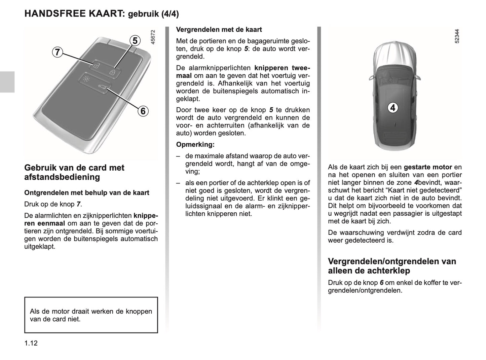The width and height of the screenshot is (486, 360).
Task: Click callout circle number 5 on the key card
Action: point(135,41)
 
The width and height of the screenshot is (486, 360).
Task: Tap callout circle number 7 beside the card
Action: point(58,52)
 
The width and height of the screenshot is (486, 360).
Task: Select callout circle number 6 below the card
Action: point(143,111)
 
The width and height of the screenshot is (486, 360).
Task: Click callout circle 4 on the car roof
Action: point(392,108)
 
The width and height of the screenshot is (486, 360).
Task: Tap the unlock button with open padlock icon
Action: point(96,66)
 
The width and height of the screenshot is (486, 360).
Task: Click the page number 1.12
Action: point(31,343)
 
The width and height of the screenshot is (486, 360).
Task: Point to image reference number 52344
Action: point(457,36)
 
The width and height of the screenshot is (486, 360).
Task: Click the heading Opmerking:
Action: point(195,145)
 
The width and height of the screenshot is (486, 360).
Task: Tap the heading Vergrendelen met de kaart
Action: point(219,30)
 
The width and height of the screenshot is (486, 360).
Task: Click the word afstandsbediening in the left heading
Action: point(62,177)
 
